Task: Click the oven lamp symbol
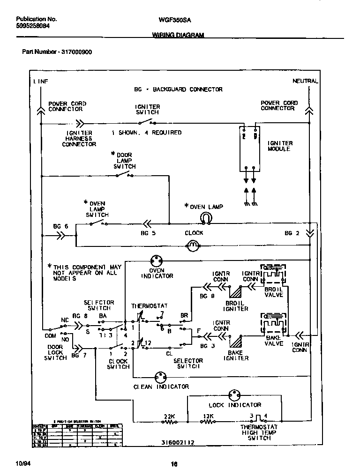[205, 217]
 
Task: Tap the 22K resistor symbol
[169, 422]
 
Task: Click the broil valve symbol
[273, 275]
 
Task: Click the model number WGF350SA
[175, 20]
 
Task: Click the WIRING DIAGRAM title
[178, 36]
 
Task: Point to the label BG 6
[60, 226]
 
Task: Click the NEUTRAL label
[305, 81]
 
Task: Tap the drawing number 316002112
[178, 442]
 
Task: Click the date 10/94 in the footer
[22, 464]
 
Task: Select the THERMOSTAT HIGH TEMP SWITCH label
[259, 432]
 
